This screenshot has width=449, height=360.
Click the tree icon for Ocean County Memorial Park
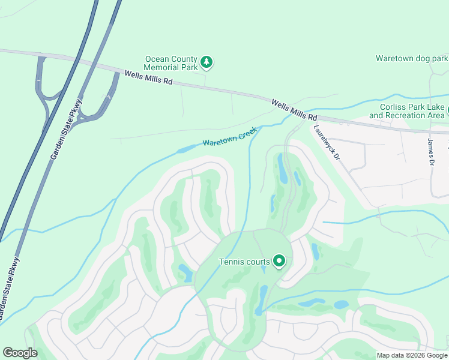click(x=206, y=62)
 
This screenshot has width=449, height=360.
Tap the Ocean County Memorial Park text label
click(x=171, y=63)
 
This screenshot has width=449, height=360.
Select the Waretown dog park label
click(x=412, y=58)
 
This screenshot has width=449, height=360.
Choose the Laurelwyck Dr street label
click(x=325, y=142)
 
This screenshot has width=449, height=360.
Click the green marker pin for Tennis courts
click(x=279, y=261)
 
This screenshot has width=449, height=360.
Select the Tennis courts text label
click(x=244, y=262)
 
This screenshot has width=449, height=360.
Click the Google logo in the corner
click(x=20, y=353)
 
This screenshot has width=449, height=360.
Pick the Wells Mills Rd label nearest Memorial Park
click(x=148, y=77)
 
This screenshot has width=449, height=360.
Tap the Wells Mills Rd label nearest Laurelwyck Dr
click(x=294, y=109)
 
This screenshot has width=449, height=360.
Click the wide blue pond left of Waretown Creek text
click(x=187, y=148)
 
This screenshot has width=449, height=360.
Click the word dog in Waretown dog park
click(x=420, y=58)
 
